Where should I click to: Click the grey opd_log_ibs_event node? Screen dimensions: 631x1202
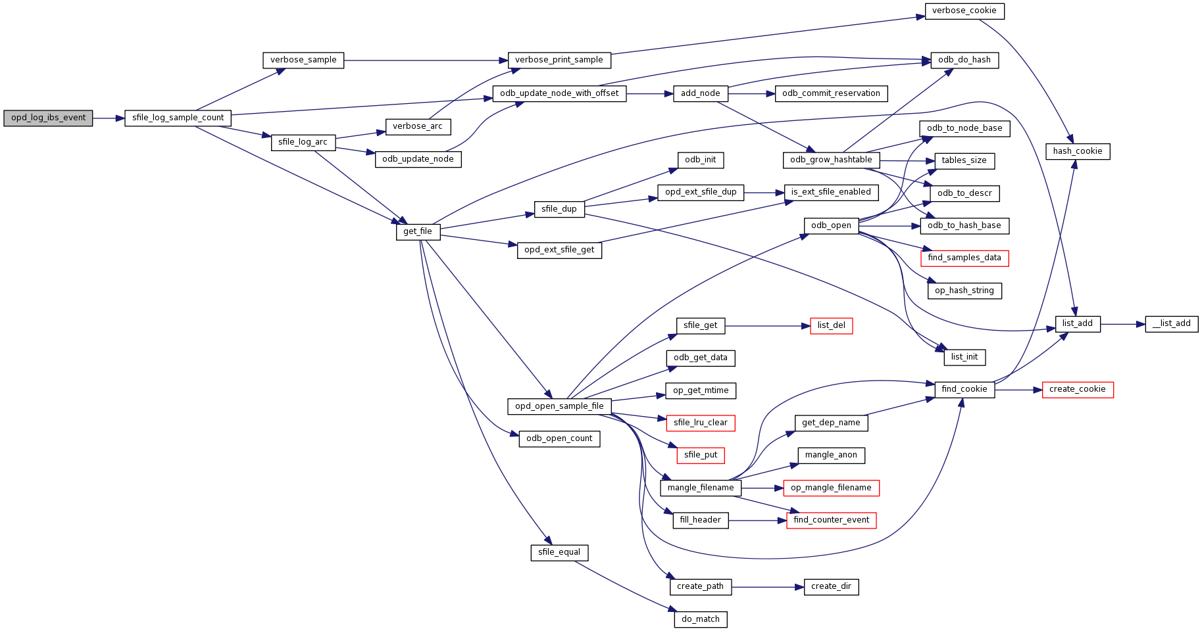(48, 118)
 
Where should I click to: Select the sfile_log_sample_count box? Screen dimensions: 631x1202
(178, 118)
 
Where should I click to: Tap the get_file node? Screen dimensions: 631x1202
(418, 232)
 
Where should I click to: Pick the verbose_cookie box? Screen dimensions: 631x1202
(964, 11)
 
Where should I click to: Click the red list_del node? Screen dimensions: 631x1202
(831, 326)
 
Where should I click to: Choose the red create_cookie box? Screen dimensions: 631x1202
(1077, 390)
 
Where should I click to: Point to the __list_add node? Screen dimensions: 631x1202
(1171, 324)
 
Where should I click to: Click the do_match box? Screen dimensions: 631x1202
(700, 619)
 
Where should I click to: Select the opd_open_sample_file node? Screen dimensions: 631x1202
(559, 407)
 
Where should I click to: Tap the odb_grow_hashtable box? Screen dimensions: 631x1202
(831, 160)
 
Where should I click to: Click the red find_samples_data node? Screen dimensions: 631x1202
(964, 258)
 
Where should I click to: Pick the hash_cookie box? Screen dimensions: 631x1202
(1077, 152)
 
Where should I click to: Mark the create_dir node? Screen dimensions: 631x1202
(831, 587)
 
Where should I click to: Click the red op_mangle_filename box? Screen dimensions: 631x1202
(831, 488)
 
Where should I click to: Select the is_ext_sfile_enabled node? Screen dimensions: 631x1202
(831, 193)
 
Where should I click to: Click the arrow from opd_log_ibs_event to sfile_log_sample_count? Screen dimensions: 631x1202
(109, 118)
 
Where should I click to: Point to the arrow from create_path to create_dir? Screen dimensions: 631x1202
(768, 587)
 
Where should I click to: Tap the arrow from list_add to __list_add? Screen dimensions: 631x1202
(1122, 324)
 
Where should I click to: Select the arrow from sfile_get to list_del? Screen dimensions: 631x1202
(767, 326)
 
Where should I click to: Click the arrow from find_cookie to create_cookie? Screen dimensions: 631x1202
(1018, 390)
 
